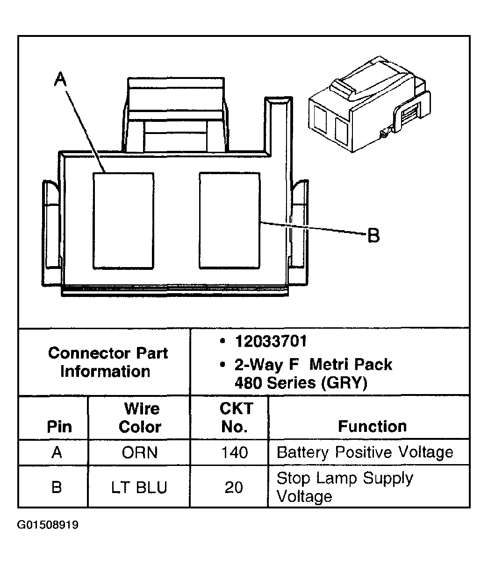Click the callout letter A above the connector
coord(60,80)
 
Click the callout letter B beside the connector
coord(373,235)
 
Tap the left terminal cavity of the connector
coord(123,220)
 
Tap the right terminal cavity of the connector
coord(230,220)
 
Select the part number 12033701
coord(271,342)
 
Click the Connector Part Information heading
coord(107,362)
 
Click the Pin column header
coord(59,426)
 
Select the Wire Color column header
coord(141,417)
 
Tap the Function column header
coord(372,426)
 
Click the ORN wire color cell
coord(140,452)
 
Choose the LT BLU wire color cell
coord(139,487)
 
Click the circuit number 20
coord(234,487)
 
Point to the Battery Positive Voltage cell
coord(365,452)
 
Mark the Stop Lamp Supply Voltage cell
coord(345,487)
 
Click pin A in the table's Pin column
coord(57,452)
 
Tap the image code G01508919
coord(48,525)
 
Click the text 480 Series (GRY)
coord(301,383)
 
